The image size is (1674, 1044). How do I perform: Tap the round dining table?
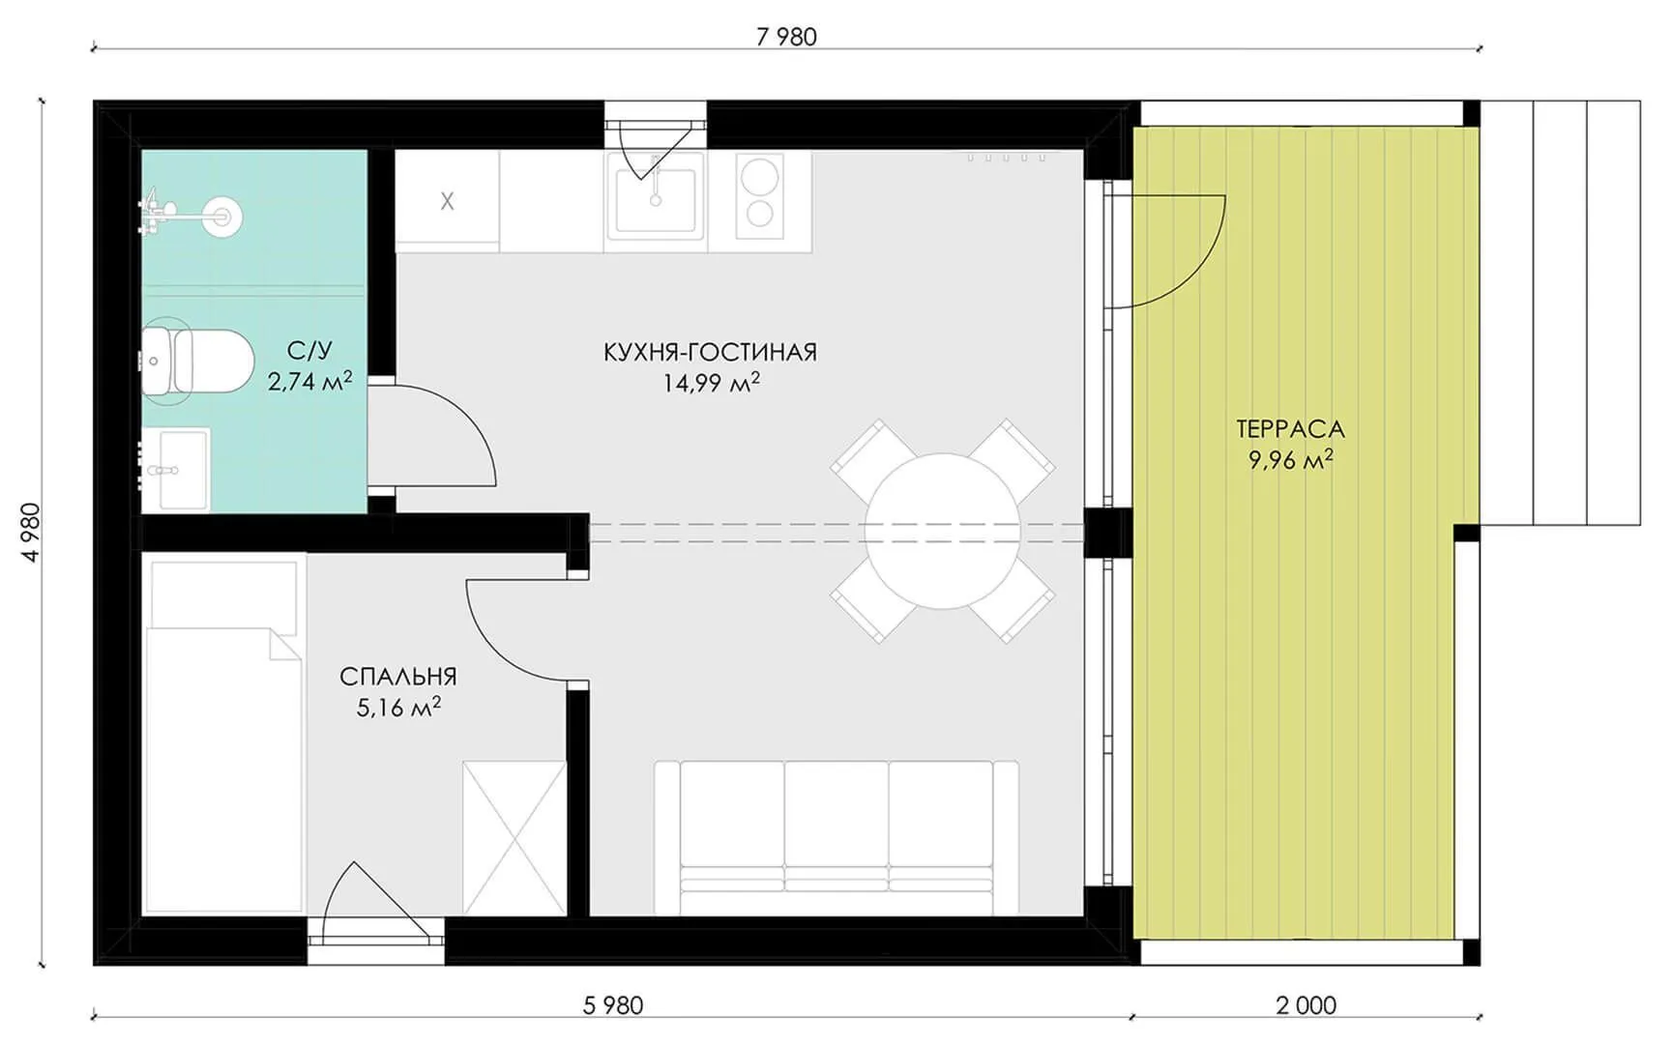click(942, 531)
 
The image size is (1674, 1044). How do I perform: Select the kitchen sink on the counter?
click(655, 200)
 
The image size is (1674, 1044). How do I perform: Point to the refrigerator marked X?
click(447, 201)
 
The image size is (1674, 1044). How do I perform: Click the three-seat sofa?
click(837, 837)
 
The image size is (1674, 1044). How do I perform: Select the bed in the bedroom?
click(223, 735)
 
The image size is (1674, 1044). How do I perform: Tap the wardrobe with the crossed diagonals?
click(514, 837)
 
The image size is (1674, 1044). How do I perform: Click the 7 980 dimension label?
click(787, 37)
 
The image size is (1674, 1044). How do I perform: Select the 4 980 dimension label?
click(31, 532)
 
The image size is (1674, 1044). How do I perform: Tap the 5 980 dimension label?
click(613, 1005)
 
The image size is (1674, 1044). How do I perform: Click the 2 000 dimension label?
click(1306, 1005)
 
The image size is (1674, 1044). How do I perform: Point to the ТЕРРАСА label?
click(1290, 429)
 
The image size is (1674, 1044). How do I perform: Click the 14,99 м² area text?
click(711, 383)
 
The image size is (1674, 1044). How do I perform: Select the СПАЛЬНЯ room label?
click(398, 677)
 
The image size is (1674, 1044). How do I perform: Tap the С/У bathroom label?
click(310, 350)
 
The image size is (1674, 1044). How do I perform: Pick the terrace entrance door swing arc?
click(1199, 275)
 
